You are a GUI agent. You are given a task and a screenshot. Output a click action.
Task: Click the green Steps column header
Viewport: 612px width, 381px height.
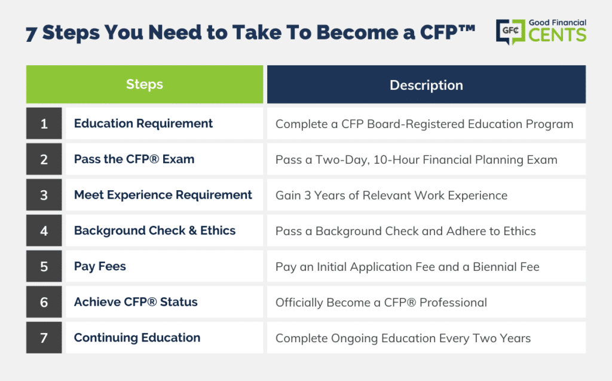tap(145, 84)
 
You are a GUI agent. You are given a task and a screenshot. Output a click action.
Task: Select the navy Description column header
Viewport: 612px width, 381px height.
tap(426, 84)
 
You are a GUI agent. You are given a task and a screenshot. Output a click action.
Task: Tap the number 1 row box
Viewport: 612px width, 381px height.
tap(44, 123)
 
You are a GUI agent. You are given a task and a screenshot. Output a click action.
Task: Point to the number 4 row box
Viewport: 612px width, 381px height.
tap(44, 230)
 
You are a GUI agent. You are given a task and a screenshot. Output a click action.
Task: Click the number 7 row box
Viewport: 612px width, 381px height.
tap(44, 337)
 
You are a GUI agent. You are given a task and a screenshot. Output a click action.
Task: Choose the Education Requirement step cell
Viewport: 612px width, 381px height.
tap(164, 123)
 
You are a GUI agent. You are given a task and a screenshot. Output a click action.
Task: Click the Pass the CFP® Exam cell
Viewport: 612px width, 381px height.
tap(164, 159)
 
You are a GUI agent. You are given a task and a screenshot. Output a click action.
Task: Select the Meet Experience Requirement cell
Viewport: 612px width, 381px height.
tap(164, 194)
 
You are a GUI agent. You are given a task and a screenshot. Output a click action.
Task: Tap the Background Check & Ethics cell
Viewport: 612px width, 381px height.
tap(164, 230)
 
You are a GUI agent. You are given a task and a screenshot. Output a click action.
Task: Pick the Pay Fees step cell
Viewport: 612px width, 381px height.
tap(164, 266)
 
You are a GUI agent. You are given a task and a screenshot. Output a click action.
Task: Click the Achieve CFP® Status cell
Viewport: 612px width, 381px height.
tap(164, 301)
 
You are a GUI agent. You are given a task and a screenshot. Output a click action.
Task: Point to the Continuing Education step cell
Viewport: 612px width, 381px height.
tap(164, 337)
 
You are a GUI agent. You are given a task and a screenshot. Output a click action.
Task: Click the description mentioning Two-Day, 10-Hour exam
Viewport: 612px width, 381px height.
tap(426, 159)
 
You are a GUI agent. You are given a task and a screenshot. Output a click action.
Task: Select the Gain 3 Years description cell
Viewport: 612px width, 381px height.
tap(426, 194)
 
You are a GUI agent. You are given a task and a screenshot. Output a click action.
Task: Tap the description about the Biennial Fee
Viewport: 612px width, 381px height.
tap(426, 266)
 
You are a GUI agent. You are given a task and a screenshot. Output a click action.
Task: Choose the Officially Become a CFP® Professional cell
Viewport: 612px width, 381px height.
tap(426, 301)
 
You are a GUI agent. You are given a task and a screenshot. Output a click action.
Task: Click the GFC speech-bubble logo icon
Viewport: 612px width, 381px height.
tap(510, 32)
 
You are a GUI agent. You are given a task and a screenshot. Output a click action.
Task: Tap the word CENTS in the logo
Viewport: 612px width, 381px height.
tap(558, 34)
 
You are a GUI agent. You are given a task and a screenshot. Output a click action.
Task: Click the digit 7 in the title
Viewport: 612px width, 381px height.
tap(31, 34)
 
